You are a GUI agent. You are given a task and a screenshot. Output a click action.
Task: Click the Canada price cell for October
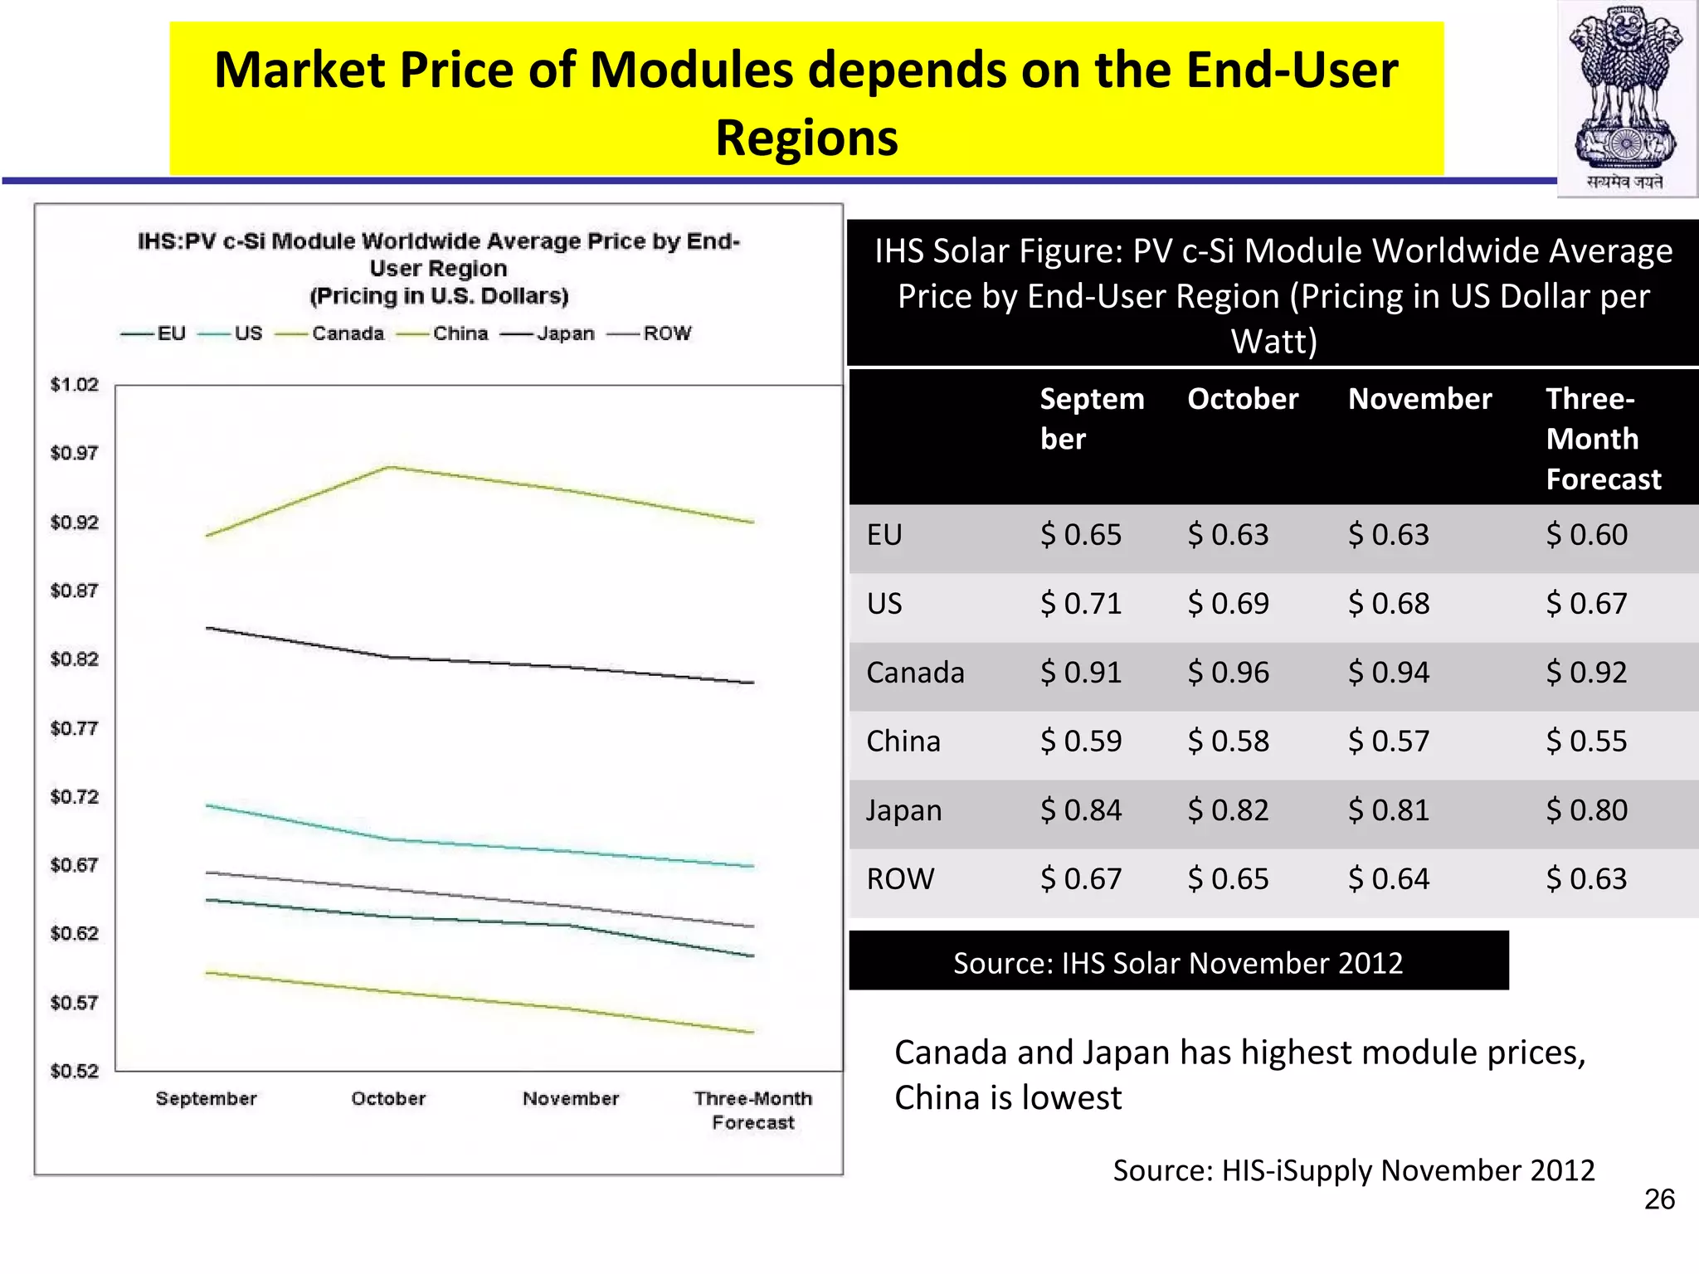(x=1228, y=673)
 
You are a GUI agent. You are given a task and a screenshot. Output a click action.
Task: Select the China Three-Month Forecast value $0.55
(x=1586, y=742)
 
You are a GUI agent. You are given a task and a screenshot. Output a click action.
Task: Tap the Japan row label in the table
(x=903, y=810)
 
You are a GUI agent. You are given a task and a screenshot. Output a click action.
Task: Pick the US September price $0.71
(x=1081, y=604)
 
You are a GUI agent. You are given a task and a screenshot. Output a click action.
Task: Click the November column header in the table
(x=1419, y=399)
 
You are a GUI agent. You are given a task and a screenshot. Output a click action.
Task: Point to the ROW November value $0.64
(x=1388, y=879)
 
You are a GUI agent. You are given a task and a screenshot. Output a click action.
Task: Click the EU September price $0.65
(x=1081, y=535)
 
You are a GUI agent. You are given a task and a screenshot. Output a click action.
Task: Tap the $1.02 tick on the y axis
(x=75, y=385)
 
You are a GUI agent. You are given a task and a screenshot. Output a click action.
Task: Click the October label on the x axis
(x=388, y=1099)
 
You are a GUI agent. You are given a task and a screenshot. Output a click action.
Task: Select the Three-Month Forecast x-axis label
(x=753, y=1111)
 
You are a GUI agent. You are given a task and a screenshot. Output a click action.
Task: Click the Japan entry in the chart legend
(x=565, y=333)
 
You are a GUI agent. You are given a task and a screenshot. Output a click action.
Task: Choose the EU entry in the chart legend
(x=171, y=333)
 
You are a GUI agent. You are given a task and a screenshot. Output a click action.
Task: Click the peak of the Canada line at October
(x=388, y=467)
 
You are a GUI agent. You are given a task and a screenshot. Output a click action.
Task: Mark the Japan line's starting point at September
(x=207, y=628)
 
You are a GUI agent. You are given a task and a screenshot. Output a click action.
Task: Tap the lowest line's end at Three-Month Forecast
(x=752, y=1032)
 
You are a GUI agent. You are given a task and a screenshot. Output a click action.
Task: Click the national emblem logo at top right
(x=1626, y=98)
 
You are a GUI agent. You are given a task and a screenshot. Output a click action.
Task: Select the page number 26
(x=1659, y=1199)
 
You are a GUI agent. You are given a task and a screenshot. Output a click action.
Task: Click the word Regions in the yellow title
(x=806, y=138)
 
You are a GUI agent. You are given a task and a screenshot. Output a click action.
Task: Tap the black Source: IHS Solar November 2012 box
(x=1178, y=962)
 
